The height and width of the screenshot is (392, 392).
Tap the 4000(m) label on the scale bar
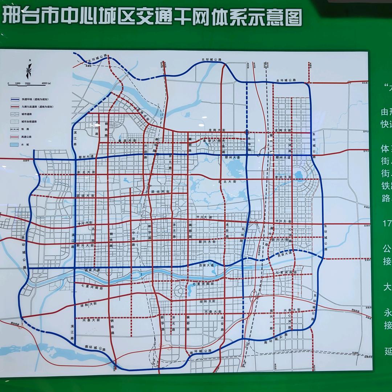[x=46, y=84]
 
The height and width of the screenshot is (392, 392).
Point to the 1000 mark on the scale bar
[x=18, y=84]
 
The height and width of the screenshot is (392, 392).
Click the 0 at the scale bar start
[x=8, y=84]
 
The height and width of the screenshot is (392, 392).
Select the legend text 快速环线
[x=27, y=99]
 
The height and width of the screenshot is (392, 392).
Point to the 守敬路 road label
[x=134, y=234]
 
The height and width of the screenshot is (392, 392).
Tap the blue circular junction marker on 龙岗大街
[x=247, y=132]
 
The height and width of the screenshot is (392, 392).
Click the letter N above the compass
[x=30, y=61]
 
